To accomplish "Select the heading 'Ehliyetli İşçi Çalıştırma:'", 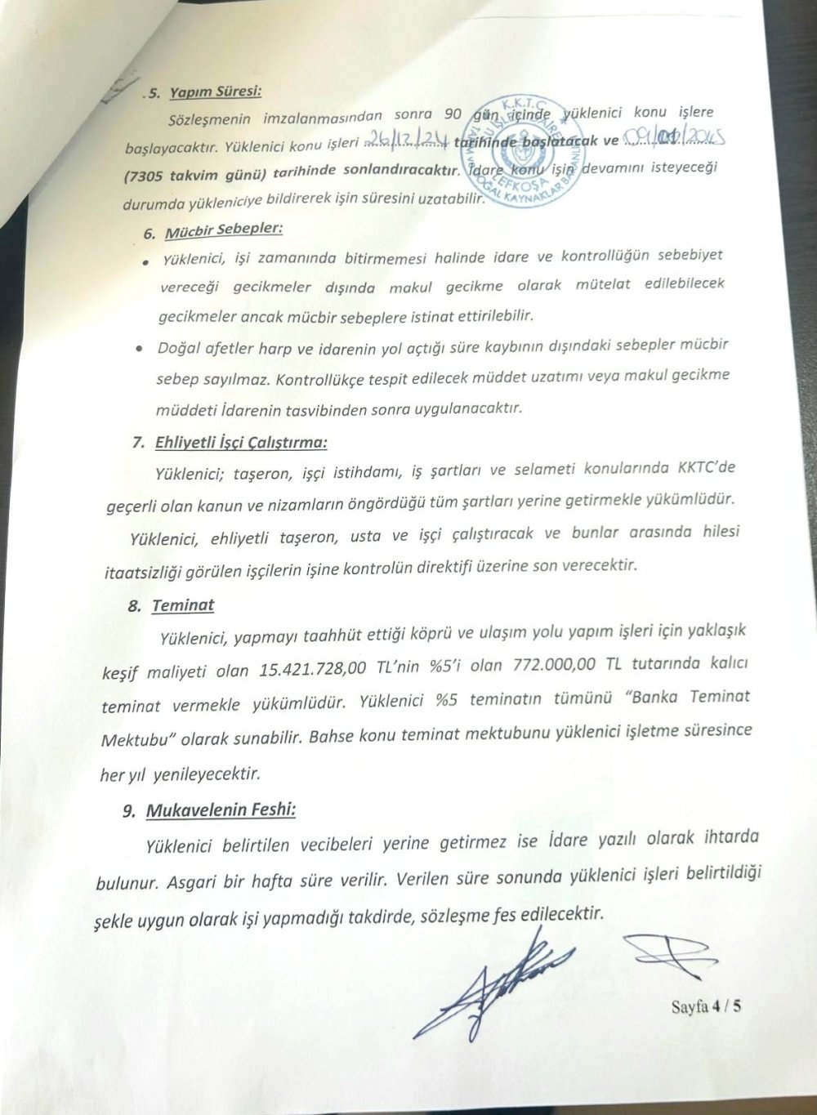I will [x=240, y=444].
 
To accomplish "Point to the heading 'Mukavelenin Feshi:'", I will [x=221, y=811].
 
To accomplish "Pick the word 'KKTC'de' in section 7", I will [x=706, y=467].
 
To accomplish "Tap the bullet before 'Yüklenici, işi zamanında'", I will [x=145, y=261].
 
